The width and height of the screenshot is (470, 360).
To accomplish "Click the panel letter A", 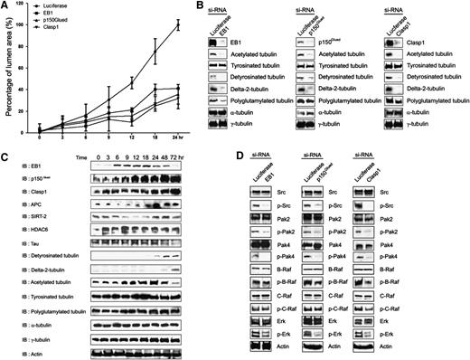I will (x=5, y=6).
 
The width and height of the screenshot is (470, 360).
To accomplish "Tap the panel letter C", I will (x=5, y=159).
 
